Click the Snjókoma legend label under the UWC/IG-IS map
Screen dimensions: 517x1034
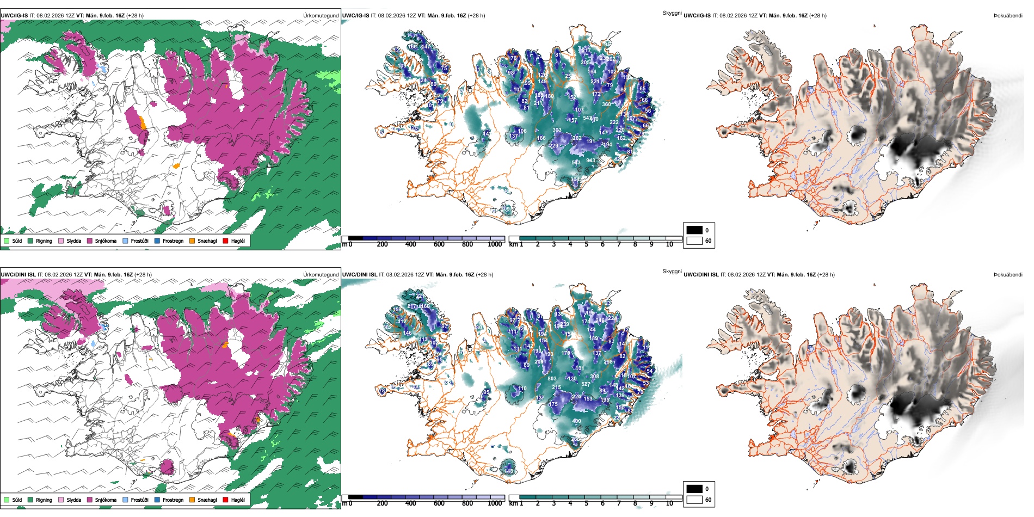click(x=106, y=241)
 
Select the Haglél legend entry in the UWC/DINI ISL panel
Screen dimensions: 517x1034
click(x=238, y=500)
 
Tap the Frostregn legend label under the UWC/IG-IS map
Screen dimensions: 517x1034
click(x=173, y=241)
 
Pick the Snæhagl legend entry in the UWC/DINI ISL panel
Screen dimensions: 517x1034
click(x=207, y=500)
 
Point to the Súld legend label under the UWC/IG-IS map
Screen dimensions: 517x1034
click(x=17, y=241)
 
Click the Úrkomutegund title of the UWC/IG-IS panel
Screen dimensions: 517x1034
click(x=321, y=16)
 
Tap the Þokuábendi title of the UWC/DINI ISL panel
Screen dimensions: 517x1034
click(x=1008, y=275)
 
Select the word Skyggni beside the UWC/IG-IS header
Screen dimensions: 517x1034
click(x=672, y=13)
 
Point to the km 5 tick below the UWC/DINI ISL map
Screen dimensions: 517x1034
click(x=586, y=503)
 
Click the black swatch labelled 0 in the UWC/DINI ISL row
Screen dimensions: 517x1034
click(x=694, y=489)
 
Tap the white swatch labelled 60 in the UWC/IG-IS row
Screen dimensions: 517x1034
click(x=694, y=241)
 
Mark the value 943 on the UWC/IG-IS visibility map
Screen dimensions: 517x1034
click(x=590, y=161)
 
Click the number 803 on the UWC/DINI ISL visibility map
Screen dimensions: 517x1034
click(x=552, y=379)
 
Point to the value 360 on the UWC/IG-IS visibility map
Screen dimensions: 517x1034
click(x=606, y=104)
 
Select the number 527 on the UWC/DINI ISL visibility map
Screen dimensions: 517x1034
click(x=586, y=384)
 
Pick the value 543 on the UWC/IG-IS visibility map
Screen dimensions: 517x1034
click(x=576, y=163)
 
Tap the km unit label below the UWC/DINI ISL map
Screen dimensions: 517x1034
click(x=513, y=503)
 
